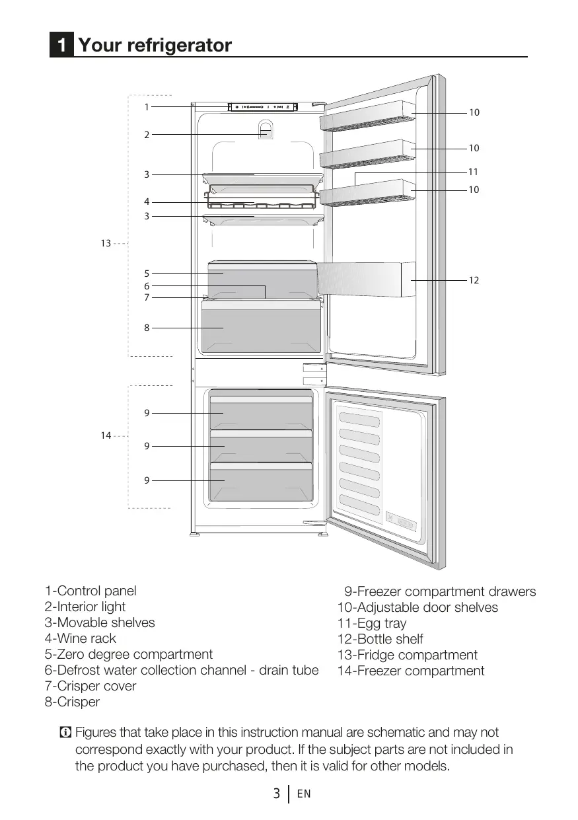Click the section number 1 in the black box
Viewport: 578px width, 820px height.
click(x=61, y=46)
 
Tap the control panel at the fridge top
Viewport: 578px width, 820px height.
click(x=263, y=106)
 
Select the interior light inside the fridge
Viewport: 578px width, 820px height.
click(x=265, y=130)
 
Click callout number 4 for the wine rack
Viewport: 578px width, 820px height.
click(x=147, y=202)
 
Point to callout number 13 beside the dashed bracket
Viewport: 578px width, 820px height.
click(x=106, y=244)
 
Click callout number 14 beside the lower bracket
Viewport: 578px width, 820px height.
click(x=106, y=435)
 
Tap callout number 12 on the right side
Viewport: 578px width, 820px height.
click(x=474, y=281)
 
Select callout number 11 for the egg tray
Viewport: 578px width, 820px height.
click(x=473, y=172)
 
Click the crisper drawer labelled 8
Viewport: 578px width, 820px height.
click(x=261, y=328)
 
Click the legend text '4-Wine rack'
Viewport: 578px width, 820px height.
click(x=80, y=638)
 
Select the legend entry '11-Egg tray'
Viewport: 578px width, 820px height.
click(x=372, y=623)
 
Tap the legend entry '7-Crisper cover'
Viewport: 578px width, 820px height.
click(x=90, y=686)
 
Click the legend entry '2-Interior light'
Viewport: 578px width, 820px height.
click(x=85, y=607)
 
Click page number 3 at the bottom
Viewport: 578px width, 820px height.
click(x=277, y=794)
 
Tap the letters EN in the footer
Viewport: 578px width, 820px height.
click(x=304, y=794)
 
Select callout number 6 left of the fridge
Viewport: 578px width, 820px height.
click(x=147, y=286)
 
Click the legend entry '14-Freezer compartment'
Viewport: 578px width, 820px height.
click(x=411, y=671)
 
